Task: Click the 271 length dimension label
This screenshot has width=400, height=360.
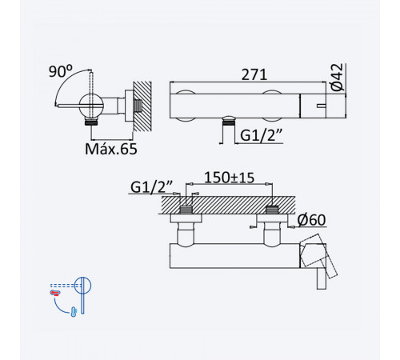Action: pyautogui.click(x=254, y=74)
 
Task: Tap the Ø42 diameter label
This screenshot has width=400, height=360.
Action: pyautogui.click(x=337, y=78)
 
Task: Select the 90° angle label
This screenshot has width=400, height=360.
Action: pyautogui.click(x=61, y=71)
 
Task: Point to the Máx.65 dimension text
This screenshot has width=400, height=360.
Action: pyautogui.click(x=111, y=149)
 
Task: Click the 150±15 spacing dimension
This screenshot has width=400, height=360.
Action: pyautogui.click(x=230, y=178)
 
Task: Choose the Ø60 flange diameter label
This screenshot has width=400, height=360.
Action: pyautogui.click(x=311, y=220)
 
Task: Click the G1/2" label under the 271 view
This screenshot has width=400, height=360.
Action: pyautogui.click(x=261, y=135)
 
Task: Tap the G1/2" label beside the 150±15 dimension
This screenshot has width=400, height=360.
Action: pyautogui.click(x=151, y=186)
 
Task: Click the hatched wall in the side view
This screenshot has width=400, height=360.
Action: pyautogui.click(x=142, y=106)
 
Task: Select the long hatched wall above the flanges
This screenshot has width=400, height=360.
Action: pyautogui.click(x=228, y=205)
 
